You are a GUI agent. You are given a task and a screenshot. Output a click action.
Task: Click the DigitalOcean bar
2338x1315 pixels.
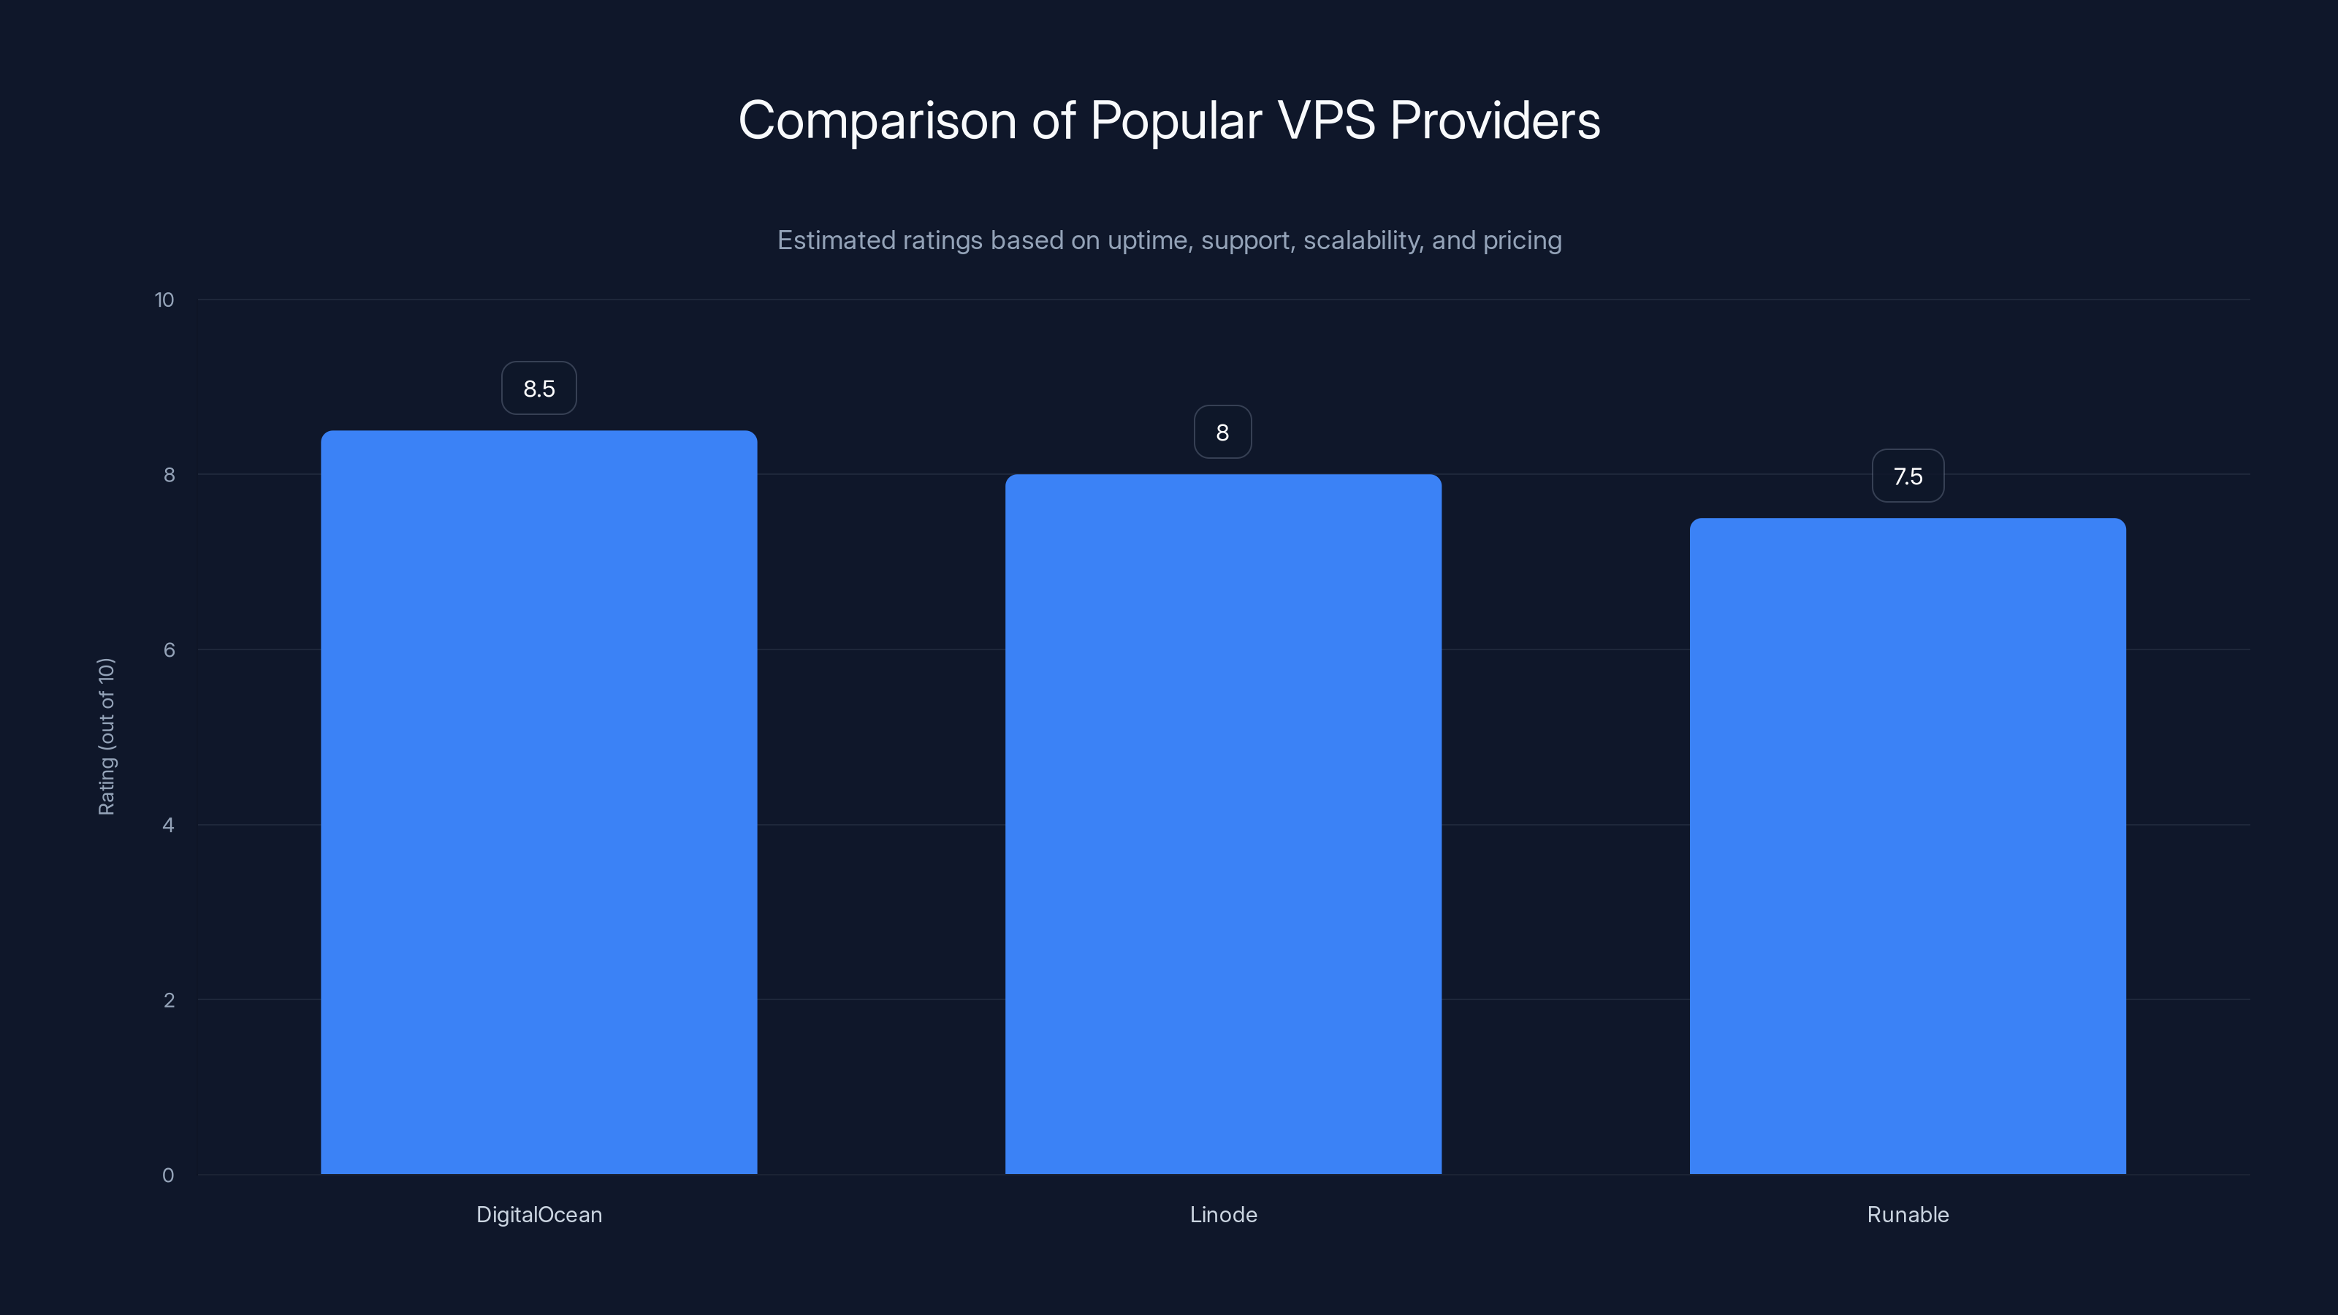[x=538, y=802]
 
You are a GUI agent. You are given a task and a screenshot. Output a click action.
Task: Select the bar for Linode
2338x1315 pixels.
[x=1222, y=824]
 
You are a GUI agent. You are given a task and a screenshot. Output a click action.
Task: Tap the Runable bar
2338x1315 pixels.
[x=1907, y=846]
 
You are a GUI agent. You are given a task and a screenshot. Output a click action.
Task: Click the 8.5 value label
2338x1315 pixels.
[x=538, y=389]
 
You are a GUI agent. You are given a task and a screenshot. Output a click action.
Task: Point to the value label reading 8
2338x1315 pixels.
[x=1222, y=432]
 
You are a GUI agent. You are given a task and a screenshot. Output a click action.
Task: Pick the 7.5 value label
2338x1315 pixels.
[x=1907, y=476]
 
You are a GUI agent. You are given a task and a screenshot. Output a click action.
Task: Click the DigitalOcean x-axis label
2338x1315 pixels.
[x=539, y=1214]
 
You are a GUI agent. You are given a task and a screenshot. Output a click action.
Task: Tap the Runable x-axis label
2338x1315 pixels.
[x=1908, y=1214]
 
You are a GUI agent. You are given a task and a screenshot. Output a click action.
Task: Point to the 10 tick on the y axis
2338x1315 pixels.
[x=164, y=300]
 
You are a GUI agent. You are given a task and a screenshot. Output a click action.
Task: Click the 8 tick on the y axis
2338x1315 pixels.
[x=169, y=475]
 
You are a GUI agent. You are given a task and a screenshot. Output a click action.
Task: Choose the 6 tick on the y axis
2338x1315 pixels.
[x=169, y=649]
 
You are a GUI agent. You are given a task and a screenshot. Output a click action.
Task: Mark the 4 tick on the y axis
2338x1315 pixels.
[x=169, y=825]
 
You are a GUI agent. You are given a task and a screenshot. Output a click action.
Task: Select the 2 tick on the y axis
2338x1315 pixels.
[x=169, y=1000]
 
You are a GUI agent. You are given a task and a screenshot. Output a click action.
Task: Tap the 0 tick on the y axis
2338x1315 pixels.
[x=168, y=1175]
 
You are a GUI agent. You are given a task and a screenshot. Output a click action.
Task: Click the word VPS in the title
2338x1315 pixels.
[x=1326, y=121]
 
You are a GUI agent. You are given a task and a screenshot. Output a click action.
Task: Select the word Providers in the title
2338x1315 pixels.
[x=1495, y=121]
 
